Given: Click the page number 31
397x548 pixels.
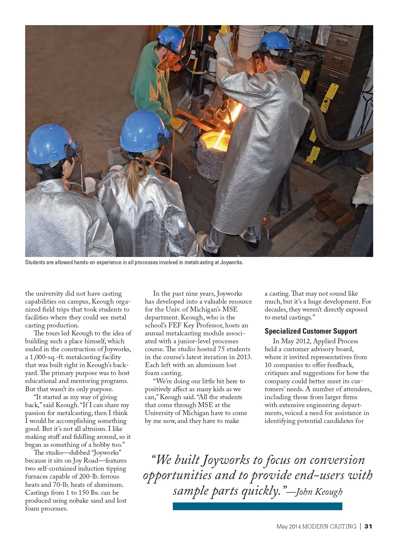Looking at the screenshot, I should point(368,526).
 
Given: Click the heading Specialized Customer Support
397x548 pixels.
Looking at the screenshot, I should point(311,331).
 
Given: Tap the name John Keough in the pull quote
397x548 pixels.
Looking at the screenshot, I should point(319,492).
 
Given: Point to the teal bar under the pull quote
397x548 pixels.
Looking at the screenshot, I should point(257,506).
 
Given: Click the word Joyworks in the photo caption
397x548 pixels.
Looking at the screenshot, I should point(231,263).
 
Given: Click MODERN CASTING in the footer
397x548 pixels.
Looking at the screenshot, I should point(329,526).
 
